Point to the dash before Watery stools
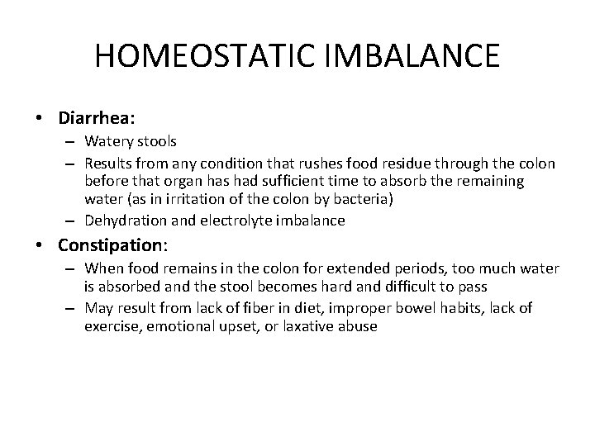[x=72, y=141]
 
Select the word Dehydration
[x=122, y=221]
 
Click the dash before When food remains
[x=72, y=268]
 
